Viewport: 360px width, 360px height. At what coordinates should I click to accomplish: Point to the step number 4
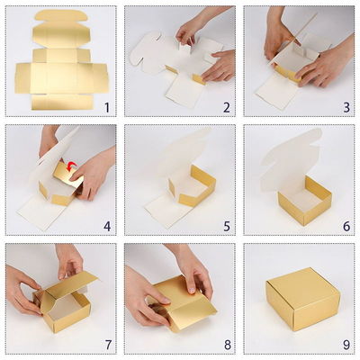pyautogui.click(x=106, y=225)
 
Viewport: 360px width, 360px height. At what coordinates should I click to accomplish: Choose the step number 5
pyautogui.click(x=225, y=225)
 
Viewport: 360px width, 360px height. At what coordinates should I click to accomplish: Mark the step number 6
pyautogui.click(x=345, y=225)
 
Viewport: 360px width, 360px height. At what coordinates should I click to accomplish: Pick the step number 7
pyautogui.click(x=106, y=344)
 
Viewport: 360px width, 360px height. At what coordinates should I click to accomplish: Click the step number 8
pyautogui.click(x=225, y=344)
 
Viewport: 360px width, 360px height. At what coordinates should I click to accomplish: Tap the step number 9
pyautogui.click(x=345, y=344)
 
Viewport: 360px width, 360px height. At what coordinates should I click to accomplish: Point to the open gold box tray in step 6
pyautogui.click(x=304, y=200)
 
